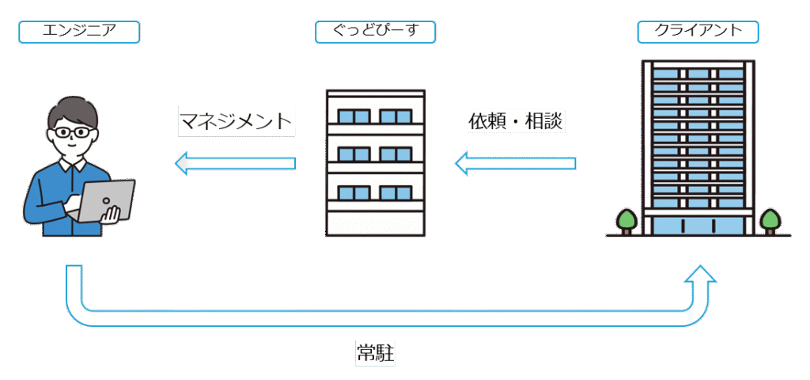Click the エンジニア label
pyautogui.click(x=79, y=32)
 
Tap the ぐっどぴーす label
pyautogui.click(x=376, y=32)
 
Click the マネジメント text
pyautogui.click(x=236, y=122)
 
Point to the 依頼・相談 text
pyautogui.click(x=517, y=122)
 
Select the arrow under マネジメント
pyautogui.click(x=235, y=164)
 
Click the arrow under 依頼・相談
pyautogui.click(x=515, y=164)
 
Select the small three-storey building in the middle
pyautogui.click(x=375, y=162)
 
